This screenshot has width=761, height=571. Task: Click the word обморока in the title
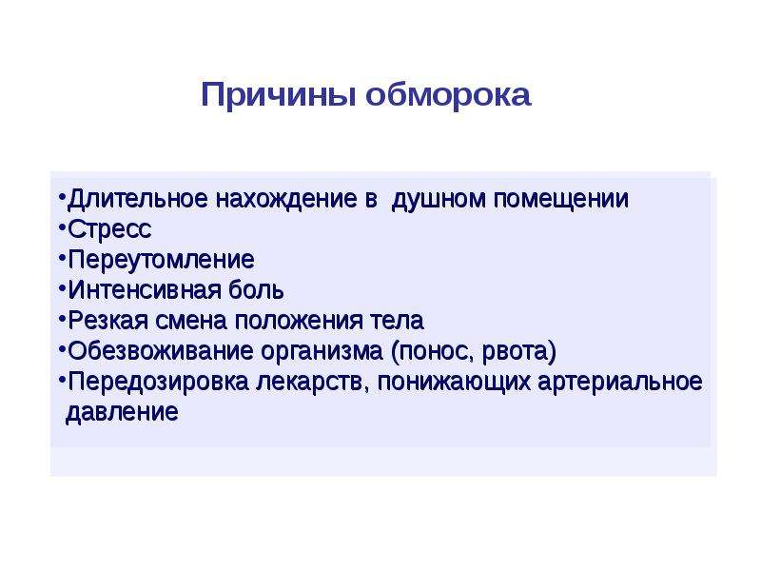click(x=448, y=94)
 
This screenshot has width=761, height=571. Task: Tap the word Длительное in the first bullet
click(x=138, y=199)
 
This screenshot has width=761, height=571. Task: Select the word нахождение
click(x=286, y=199)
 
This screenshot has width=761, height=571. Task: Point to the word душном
click(x=439, y=199)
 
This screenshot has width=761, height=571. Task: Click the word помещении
click(x=561, y=199)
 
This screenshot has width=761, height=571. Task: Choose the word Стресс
click(x=109, y=229)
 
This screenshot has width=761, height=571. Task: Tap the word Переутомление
click(x=161, y=260)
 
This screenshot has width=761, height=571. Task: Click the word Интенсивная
click(x=145, y=290)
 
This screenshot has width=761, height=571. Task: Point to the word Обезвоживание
click(x=161, y=350)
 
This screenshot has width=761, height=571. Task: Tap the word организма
click(x=322, y=351)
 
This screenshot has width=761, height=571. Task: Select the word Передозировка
click(x=158, y=382)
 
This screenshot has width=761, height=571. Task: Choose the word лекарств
click(x=312, y=382)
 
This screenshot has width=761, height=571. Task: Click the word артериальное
click(x=620, y=382)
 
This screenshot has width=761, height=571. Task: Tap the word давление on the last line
click(x=122, y=412)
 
